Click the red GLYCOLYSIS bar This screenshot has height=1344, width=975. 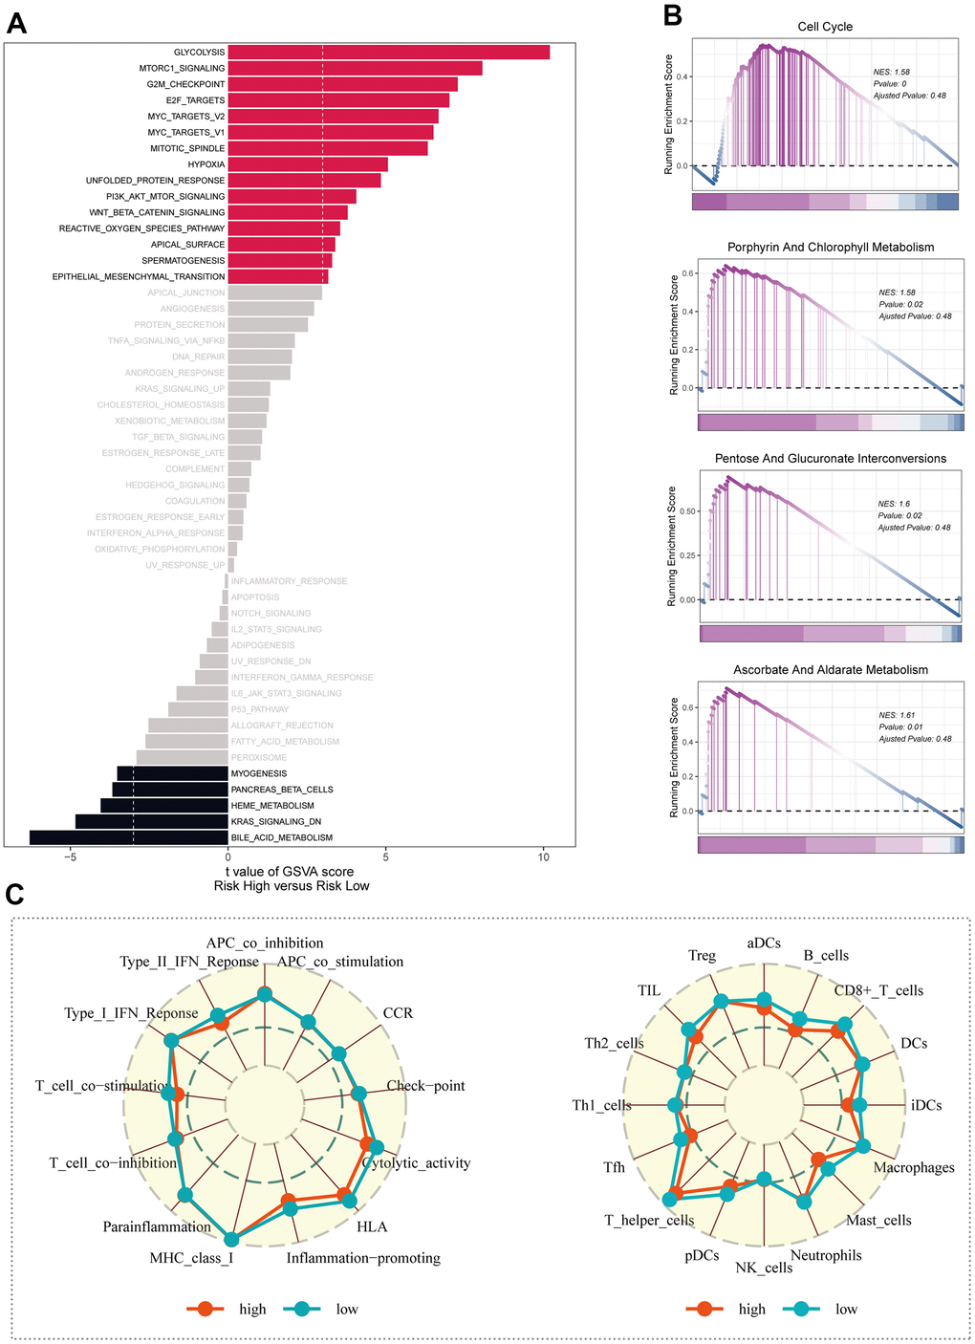[388, 53]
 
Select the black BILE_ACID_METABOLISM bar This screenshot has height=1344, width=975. [129, 837]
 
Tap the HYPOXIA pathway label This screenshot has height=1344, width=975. [206, 164]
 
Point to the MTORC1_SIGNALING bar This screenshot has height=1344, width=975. [355, 69]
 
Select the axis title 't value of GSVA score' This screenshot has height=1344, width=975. [291, 872]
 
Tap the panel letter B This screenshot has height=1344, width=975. [672, 15]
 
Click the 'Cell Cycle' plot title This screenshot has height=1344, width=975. [825, 27]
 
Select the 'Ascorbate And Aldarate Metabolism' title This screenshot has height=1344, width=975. [831, 670]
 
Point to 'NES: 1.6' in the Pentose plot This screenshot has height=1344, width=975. [894, 504]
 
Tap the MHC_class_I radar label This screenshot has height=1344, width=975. [191, 1258]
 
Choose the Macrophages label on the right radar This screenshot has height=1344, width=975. [914, 1168]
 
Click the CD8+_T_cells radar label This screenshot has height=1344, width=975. [878, 990]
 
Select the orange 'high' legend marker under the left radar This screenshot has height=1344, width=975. [206, 1309]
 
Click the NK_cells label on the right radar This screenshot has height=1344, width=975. [764, 1268]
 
